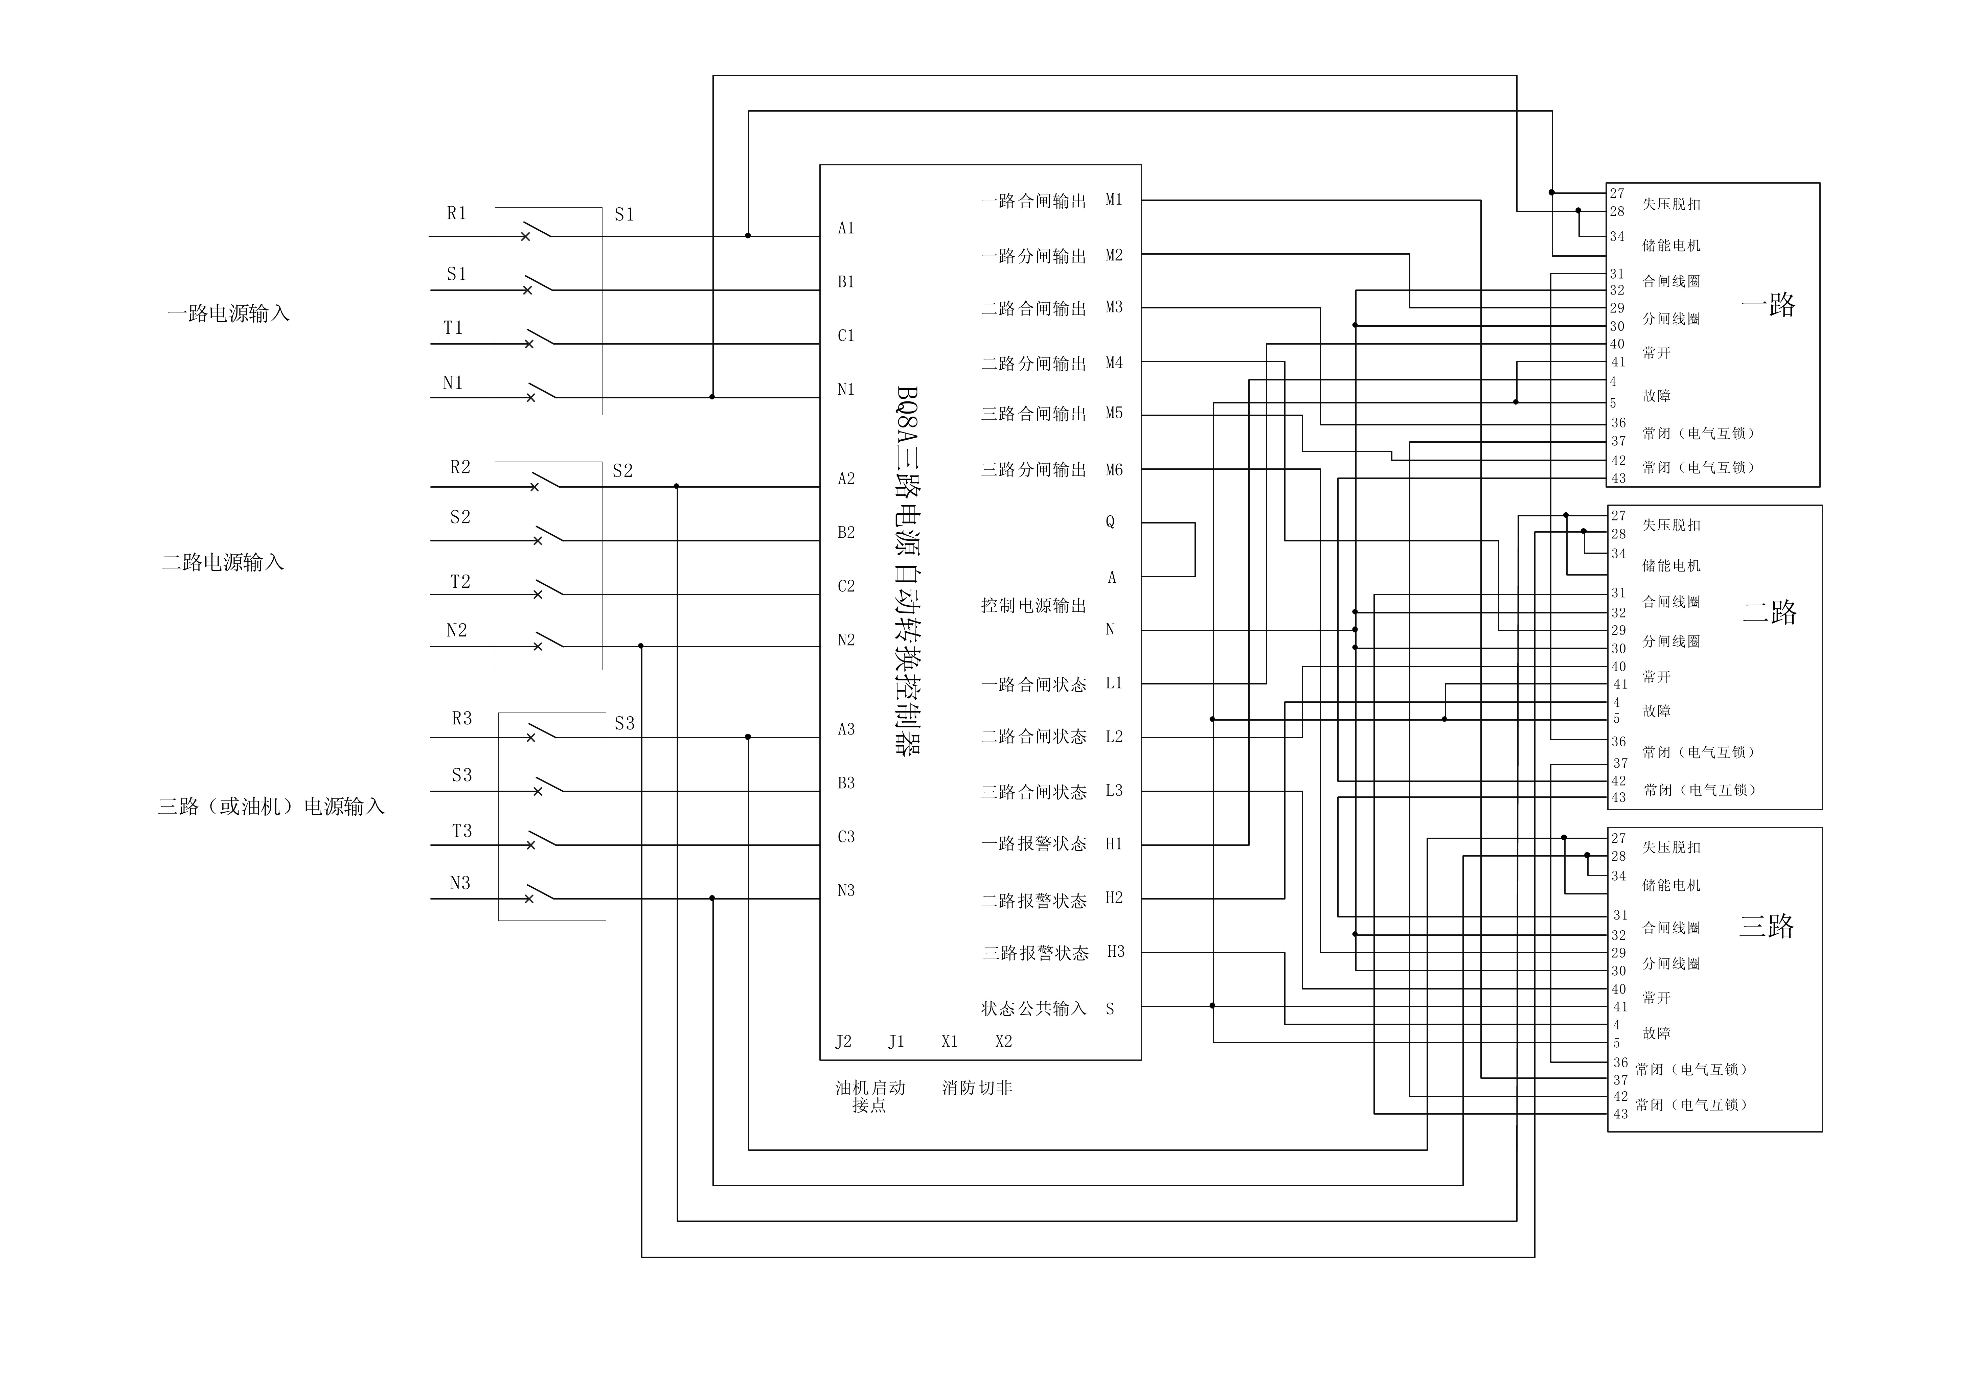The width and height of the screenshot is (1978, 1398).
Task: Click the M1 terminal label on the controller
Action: point(1114,200)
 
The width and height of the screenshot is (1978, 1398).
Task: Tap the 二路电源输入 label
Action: point(223,562)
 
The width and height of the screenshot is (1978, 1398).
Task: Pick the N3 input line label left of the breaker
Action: point(460,883)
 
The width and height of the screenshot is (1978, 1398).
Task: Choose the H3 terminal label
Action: point(1116,952)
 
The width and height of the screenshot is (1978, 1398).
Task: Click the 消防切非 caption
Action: point(977,1088)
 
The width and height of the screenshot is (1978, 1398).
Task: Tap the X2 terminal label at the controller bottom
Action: point(1004,1041)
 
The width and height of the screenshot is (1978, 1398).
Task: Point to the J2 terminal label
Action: point(843,1041)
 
